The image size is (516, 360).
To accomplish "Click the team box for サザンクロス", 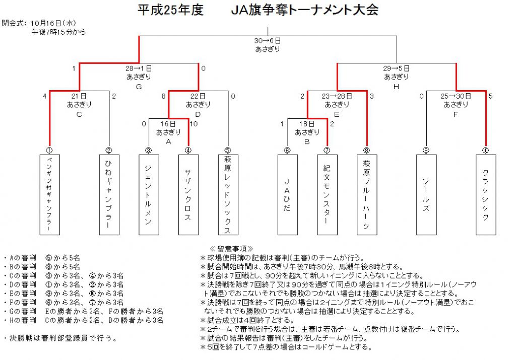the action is click(x=188, y=195).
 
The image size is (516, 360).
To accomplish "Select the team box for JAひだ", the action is click(x=288, y=195).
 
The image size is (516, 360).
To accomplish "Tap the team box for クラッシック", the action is click(x=486, y=195).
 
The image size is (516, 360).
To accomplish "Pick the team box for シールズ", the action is click(x=426, y=195).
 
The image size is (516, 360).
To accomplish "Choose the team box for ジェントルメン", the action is click(x=149, y=195).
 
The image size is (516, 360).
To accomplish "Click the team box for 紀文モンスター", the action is click(x=327, y=195).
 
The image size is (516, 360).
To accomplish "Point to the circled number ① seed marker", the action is click(x=49, y=151).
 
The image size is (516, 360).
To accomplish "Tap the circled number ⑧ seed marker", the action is click(x=367, y=151).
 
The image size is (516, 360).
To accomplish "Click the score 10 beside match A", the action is click(x=193, y=124).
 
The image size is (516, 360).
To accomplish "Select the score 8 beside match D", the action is click(x=163, y=96).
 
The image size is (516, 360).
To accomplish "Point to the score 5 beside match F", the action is click(x=491, y=96).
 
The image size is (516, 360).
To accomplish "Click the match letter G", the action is click(x=139, y=87).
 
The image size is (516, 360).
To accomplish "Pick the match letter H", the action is click(x=396, y=87).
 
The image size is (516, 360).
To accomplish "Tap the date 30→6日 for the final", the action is click(x=267, y=41).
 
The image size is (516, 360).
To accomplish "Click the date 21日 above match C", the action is click(x=79, y=96).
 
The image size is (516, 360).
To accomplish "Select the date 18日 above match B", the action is click(x=306, y=124).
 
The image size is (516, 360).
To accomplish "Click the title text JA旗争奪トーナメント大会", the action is click(x=305, y=10).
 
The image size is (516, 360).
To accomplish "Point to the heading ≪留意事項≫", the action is click(x=231, y=249).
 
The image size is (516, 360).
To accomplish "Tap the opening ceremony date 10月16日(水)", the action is click(x=53, y=23).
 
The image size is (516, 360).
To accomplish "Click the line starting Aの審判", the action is click(x=42, y=258).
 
